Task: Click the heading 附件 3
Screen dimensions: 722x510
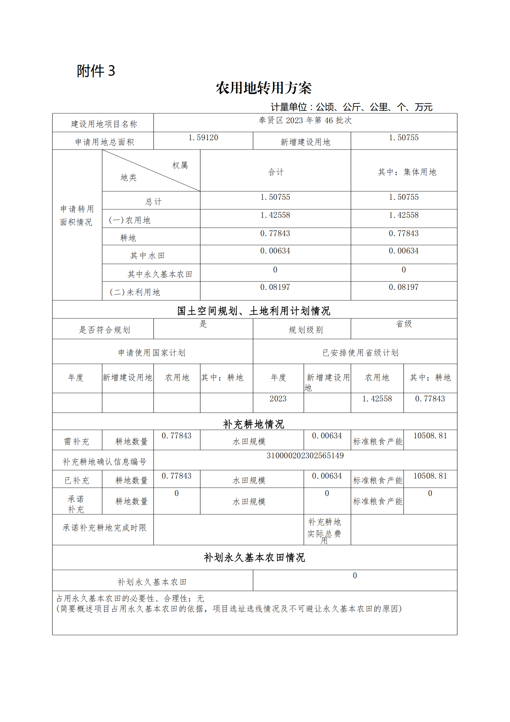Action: tap(96, 71)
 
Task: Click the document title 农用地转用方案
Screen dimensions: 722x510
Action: tap(264, 88)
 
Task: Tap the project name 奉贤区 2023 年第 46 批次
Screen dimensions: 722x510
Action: tap(305, 120)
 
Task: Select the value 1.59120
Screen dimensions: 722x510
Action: tap(203, 138)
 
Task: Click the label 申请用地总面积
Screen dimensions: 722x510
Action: tap(104, 142)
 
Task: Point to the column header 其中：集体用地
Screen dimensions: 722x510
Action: tap(407, 172)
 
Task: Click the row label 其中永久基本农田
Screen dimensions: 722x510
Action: tap(160, 274)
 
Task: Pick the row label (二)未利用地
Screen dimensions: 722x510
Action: tap(135, 292)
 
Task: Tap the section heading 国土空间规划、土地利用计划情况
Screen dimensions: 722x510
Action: tap(254, 311)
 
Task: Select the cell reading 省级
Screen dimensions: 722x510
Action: tap(404, 324)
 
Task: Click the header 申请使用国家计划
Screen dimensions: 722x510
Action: tap(152, 352)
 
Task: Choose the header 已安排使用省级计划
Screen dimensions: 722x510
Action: tap(360, 352)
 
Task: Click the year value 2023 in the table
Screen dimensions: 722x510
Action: tap(278, 399)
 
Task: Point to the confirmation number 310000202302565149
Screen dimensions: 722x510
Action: tap(305, 455)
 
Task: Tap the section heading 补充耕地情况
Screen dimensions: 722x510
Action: tap(254, 424)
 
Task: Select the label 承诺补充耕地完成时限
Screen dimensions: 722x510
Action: tap(104, 527)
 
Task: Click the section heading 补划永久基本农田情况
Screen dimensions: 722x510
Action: tap(254, 557)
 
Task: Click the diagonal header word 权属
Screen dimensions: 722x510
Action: tap(180, 165)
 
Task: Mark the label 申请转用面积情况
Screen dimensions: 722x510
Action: tap(77, 215)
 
